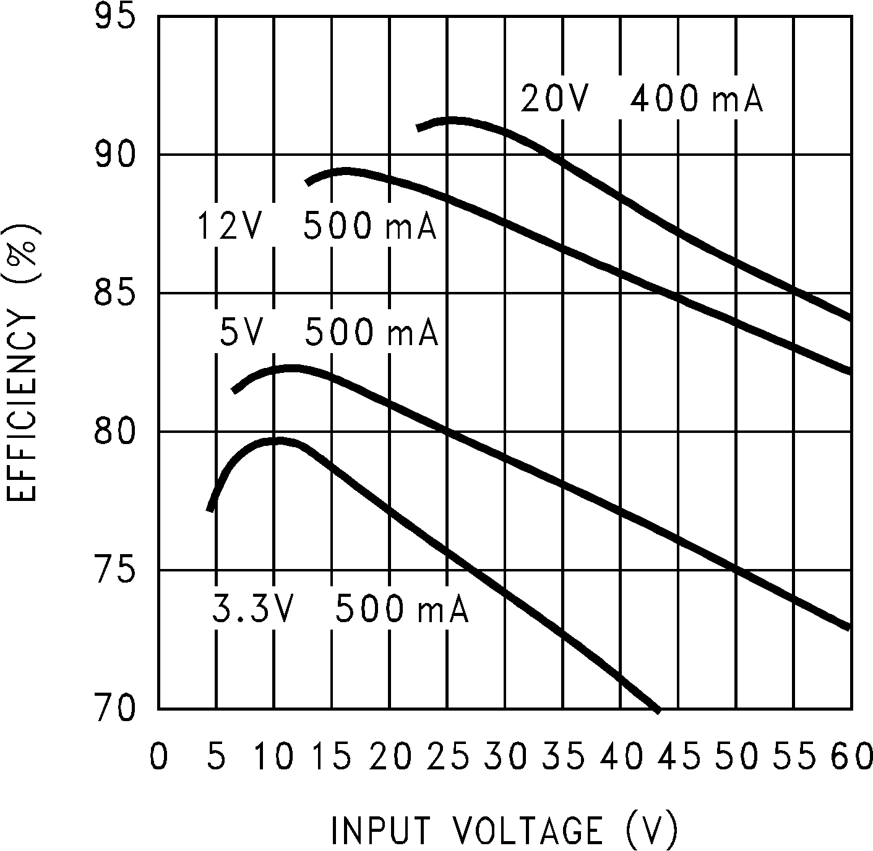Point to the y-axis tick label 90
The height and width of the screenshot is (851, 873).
114,155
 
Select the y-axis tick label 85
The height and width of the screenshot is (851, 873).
114,294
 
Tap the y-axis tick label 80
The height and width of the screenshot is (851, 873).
114,432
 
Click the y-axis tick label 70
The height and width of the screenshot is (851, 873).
114,709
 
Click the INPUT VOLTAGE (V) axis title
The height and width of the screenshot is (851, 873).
504,829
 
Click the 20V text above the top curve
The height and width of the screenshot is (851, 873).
553,100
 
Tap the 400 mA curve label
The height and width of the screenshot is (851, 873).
697,100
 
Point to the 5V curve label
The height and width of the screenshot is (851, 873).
242,332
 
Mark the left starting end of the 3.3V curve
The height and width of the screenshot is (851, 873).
210,510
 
